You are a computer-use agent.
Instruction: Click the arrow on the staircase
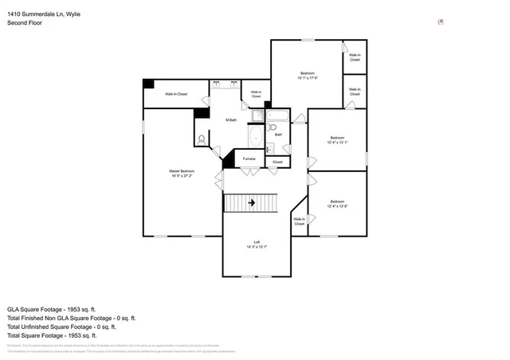(x=252, y=203)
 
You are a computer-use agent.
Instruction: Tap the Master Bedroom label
(x=182, y=171)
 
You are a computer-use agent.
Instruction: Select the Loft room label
(x=257, y=242)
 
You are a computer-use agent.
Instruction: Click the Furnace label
(x=249, y=158)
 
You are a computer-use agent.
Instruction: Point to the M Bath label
(x=231, y=119)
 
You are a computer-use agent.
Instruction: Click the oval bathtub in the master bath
(x=255, y=139)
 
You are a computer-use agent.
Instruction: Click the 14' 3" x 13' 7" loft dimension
(x=257, y=248)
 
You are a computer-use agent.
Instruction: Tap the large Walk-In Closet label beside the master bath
(x=176, y=94)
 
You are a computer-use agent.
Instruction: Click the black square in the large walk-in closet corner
(x=148, y=84)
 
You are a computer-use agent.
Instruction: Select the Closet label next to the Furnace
(x=277, y=162)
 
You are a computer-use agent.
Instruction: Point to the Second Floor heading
(x=25, y=23)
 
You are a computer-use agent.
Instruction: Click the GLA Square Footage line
(x=52, y=308)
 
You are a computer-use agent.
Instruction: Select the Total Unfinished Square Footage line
(x=62, y=326)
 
